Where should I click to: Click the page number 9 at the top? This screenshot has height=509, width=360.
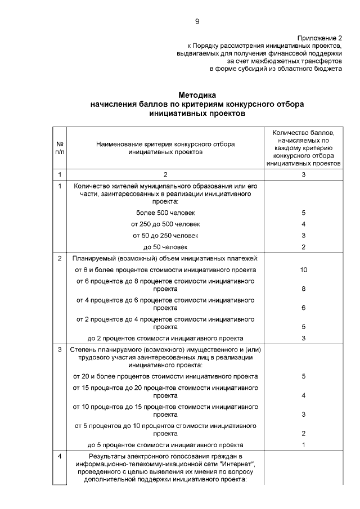[x=197, y=21]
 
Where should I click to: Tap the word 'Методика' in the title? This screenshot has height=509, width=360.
[x=197, y=96]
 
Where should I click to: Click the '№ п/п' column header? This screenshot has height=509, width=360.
[x=60, y=147]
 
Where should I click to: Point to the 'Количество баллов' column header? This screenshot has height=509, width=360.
[x=303, y=147]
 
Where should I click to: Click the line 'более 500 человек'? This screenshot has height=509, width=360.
[x=165, y=213]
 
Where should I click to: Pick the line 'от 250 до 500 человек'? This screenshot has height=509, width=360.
[x=165, y=224]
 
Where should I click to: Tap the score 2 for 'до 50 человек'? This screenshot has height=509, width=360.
[x=303, y=246]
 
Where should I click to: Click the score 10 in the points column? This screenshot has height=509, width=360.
[x=303, y=270]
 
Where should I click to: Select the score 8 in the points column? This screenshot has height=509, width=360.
[x=303, y=289]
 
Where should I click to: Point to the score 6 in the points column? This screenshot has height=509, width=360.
[x=303, y=308]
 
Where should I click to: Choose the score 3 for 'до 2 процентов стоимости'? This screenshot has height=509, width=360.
[x=303, y=338]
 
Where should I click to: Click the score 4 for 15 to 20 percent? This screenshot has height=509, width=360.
[x=303, y=395]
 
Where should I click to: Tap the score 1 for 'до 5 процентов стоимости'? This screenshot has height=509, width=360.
[x=303, y=444]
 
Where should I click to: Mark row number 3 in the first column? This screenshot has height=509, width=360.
[x=60, y=349]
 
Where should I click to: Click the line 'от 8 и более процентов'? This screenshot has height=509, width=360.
[x=165, y=270]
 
